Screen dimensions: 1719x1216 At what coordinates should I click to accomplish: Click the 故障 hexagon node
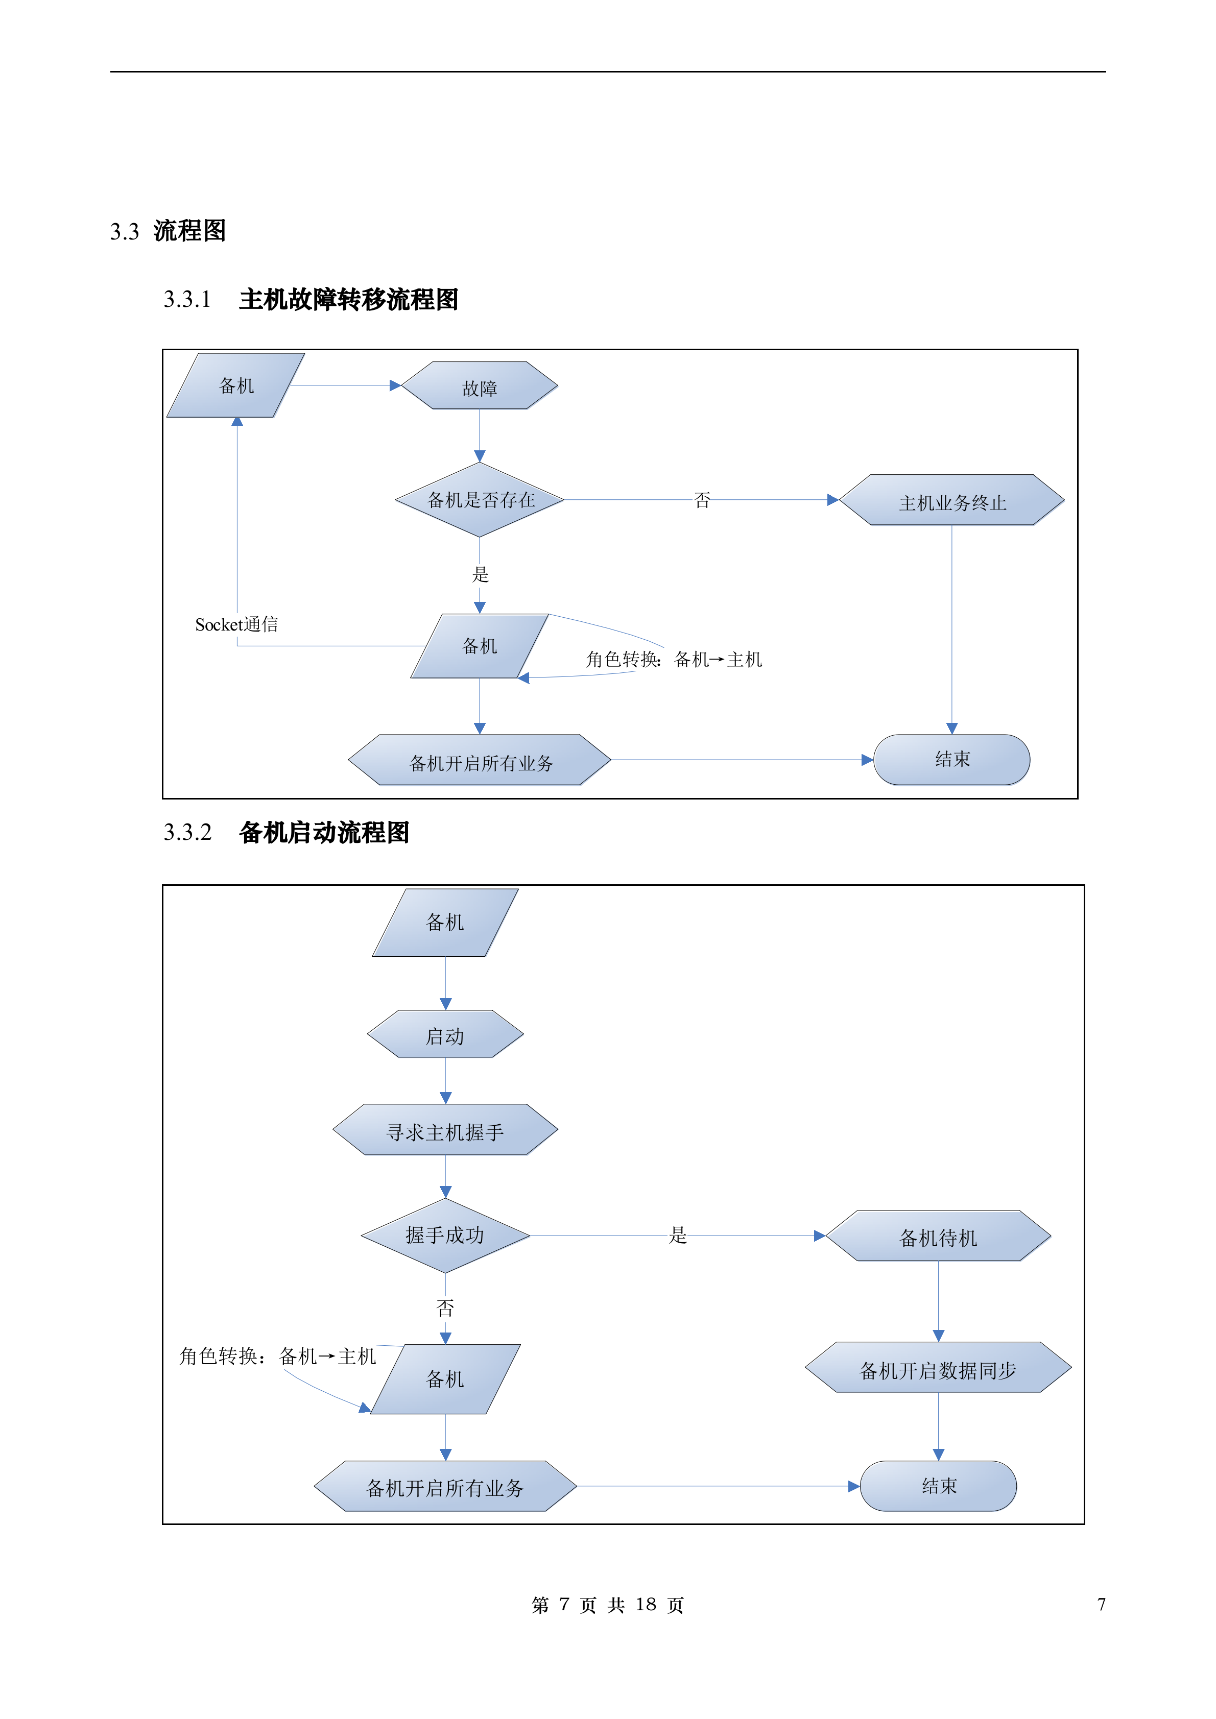point(479,386)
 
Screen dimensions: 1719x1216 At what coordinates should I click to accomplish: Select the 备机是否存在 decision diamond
point(479,499)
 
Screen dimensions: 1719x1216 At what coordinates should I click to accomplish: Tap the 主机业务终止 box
point(951,500)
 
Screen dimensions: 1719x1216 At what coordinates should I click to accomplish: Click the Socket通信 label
point(236,624)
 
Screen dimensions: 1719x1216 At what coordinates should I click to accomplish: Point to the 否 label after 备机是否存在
point(702,499)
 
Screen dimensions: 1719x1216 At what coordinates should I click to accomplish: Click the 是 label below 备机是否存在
point(480,574)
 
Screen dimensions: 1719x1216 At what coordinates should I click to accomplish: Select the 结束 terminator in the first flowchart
point(951,759)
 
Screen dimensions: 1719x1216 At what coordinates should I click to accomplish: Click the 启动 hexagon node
point(445,1035)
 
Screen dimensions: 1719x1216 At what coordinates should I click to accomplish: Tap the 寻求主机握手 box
point(445,1130)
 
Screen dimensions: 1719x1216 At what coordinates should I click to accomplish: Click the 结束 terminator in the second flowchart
point(938,1485)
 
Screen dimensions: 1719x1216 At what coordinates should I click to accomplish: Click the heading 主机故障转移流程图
point(348,300)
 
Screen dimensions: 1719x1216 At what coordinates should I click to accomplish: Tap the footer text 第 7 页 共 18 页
point(607,1605)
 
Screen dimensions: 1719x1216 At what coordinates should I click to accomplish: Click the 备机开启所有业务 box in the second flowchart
point(445,1486)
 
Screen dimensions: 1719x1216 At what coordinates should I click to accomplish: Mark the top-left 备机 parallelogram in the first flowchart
point(236,385)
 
